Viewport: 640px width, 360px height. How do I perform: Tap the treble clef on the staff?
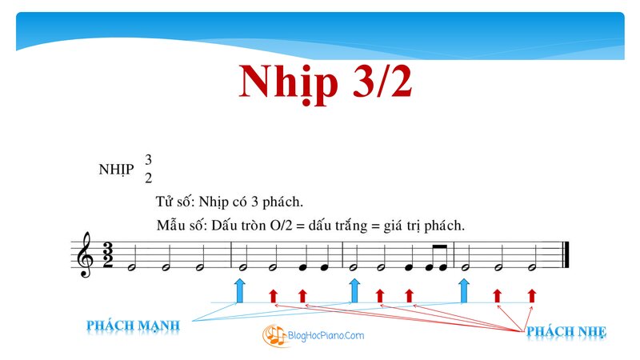86,254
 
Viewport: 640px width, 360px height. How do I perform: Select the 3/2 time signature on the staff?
108,255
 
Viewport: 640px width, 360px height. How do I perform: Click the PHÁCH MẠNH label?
133,326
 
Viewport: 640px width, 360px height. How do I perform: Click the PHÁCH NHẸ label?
566,331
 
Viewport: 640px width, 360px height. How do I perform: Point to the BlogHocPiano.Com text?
326,335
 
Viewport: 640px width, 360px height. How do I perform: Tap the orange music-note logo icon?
274,335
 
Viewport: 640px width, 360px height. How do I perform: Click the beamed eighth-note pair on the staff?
437,258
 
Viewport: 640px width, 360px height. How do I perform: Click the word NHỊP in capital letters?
116,169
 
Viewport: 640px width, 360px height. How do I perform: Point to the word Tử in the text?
163,202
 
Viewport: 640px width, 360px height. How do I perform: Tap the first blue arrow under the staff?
240,291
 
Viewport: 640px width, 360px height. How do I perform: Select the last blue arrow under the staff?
464,291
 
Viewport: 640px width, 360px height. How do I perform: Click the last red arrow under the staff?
531,296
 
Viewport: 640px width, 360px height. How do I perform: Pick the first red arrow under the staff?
274,296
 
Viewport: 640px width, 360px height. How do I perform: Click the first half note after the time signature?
132,268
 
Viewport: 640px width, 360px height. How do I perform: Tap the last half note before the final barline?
531,268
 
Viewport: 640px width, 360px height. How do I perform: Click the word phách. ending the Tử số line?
282,202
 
